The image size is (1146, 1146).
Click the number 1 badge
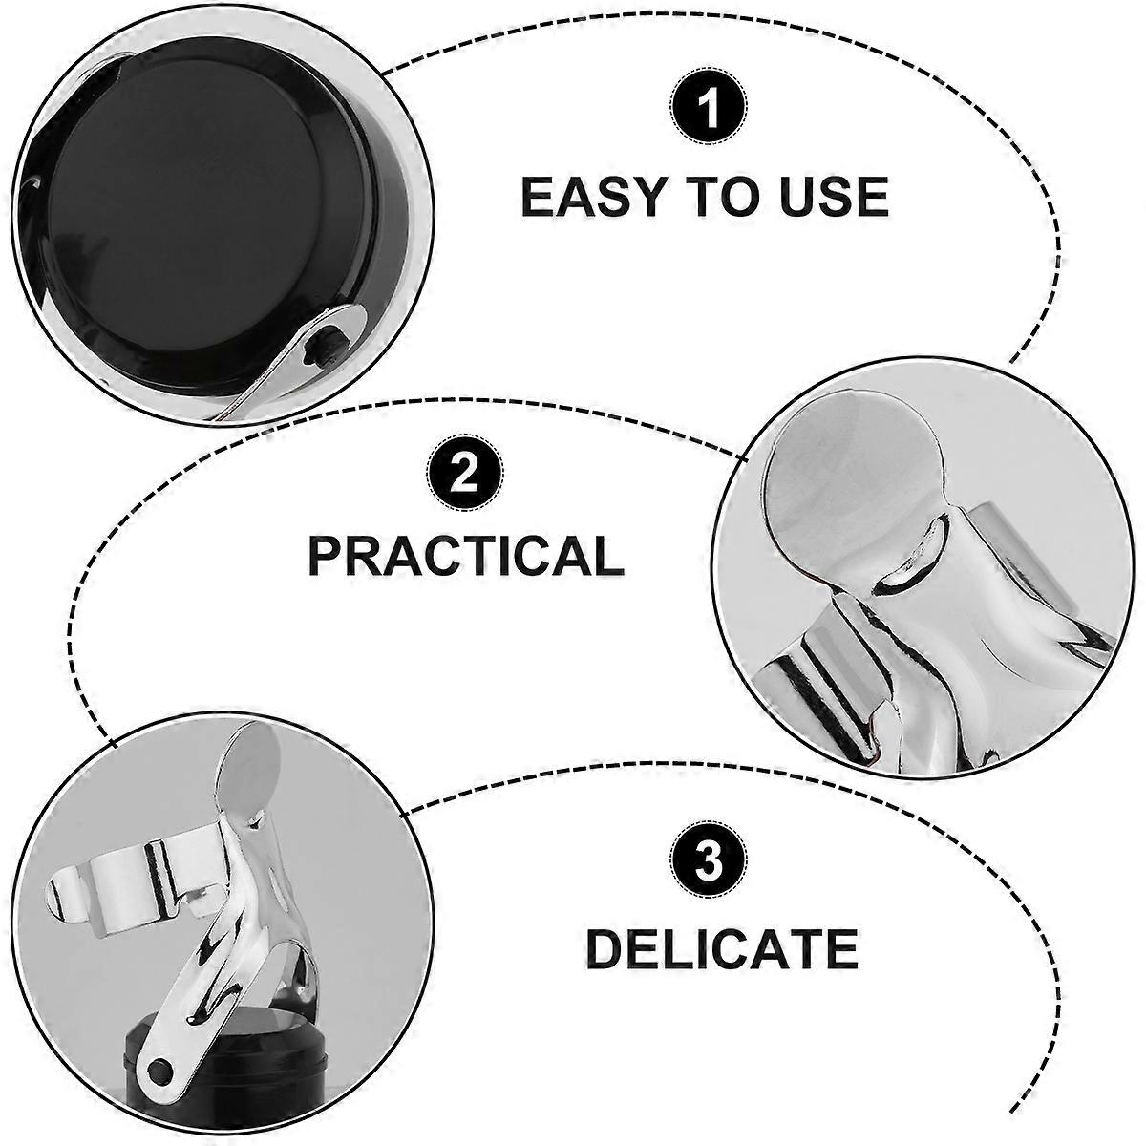tap(709, 108)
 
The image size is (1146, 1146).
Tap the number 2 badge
tap(465, 474)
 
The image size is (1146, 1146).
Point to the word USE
tap(832, 197)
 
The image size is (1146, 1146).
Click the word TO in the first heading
tap(726, 197)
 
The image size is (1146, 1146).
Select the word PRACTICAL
tap(466, 555)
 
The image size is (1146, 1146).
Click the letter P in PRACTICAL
tap(328, 555)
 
